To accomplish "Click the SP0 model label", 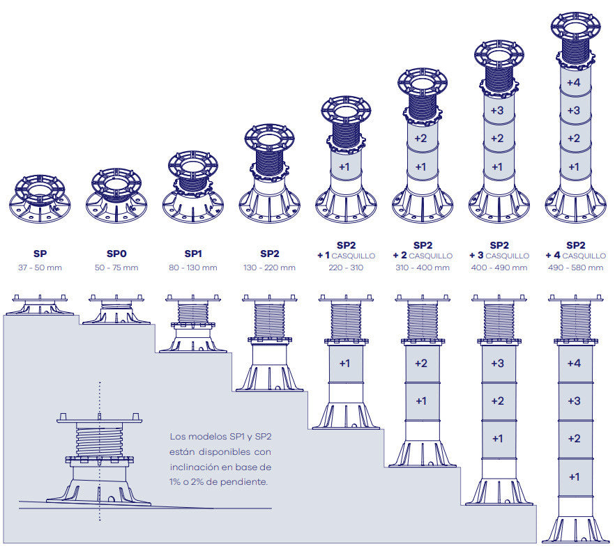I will click(116, 256).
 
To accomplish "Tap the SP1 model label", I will click(193, 256).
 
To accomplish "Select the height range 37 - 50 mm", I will click(40, 268).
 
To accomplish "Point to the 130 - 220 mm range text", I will click(269, 268).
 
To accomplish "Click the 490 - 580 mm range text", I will click(576, 268).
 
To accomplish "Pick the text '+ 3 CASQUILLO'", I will click(499, 256).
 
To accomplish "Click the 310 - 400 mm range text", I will click(423, 268).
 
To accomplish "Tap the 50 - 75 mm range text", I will click(116, 268).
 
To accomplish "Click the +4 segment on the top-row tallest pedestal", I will click(574, 82).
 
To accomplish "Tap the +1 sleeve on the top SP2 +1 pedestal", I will click(344, 166).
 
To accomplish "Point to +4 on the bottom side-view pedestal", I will click(574, 363).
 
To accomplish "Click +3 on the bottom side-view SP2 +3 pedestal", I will click(497, 363).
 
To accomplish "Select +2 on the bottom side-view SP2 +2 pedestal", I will click(420, 363).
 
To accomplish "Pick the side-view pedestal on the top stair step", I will click(40, 305).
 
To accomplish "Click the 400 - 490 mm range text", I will click(499, 268).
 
